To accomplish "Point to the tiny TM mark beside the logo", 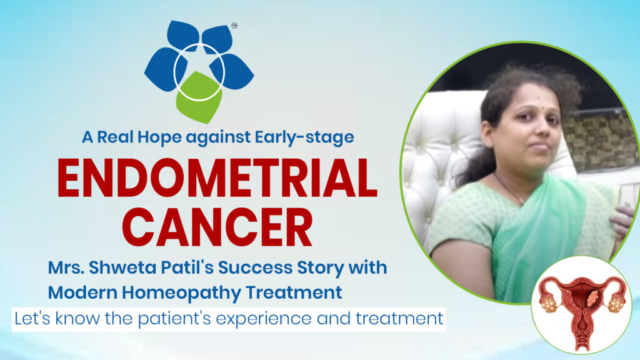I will pos(234,26).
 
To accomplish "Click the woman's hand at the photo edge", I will pos(622,219).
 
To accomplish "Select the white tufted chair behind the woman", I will pos(437,156).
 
